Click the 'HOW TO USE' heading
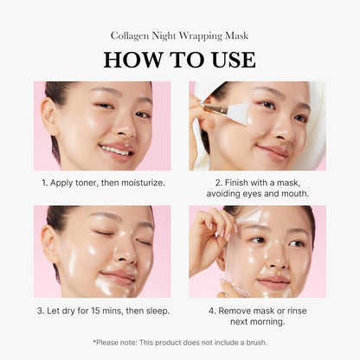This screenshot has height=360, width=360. click(179, 59)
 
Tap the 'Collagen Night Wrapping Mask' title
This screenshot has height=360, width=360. click(179, 35)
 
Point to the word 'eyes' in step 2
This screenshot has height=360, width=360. click(269, 194)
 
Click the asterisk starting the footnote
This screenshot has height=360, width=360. click(94, 342)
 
